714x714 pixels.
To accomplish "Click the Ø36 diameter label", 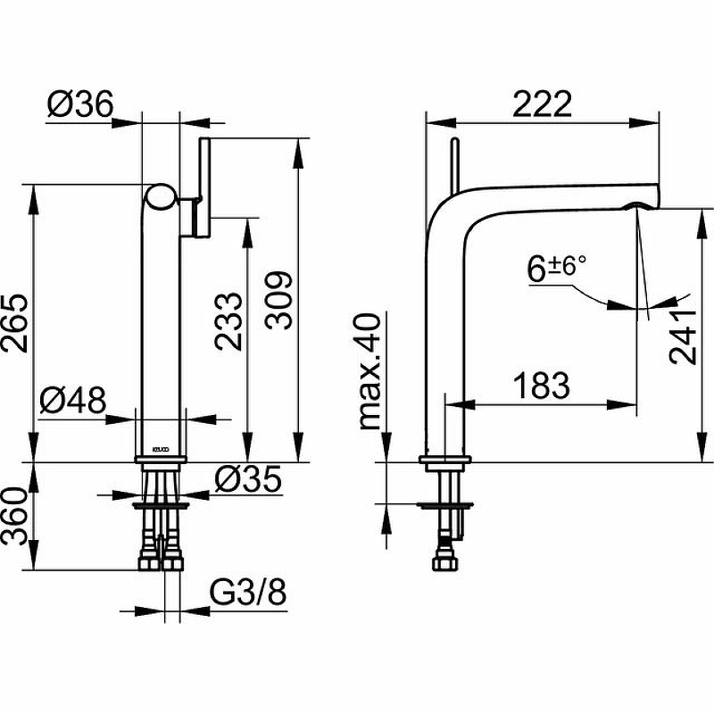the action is click(x=80, y=104).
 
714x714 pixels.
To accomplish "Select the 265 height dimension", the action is click(x=14, y=323).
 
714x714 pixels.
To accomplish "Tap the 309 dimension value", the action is click(x=278, y=300).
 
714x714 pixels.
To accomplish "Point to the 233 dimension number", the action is click(x=228, y=321).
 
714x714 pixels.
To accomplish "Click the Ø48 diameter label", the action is click(x=73, y=400).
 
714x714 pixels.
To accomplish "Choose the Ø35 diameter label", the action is click(x=248, y=479).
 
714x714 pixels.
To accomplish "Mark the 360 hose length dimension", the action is click(x=14, y=517).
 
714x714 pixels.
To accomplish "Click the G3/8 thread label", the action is click(x=248, y=592).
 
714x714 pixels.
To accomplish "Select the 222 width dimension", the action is click(x=542, y=104).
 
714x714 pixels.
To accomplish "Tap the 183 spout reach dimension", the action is click(x=542, y=386).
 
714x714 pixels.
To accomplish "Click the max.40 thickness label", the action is click(x=369, y=371).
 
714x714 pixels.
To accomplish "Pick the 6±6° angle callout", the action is click(x=556, y=269).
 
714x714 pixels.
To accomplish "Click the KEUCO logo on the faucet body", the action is click(x=161, y=450).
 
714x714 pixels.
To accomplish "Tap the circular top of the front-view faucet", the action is click(x=161, y=197).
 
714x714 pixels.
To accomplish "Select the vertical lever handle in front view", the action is click(x=203, y=187).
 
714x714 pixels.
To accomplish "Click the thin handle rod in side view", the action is click(x=455, y=166).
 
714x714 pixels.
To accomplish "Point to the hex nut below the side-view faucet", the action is click(x=444, y=563).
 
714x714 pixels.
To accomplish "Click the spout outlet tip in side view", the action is click(x=643, y=206).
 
